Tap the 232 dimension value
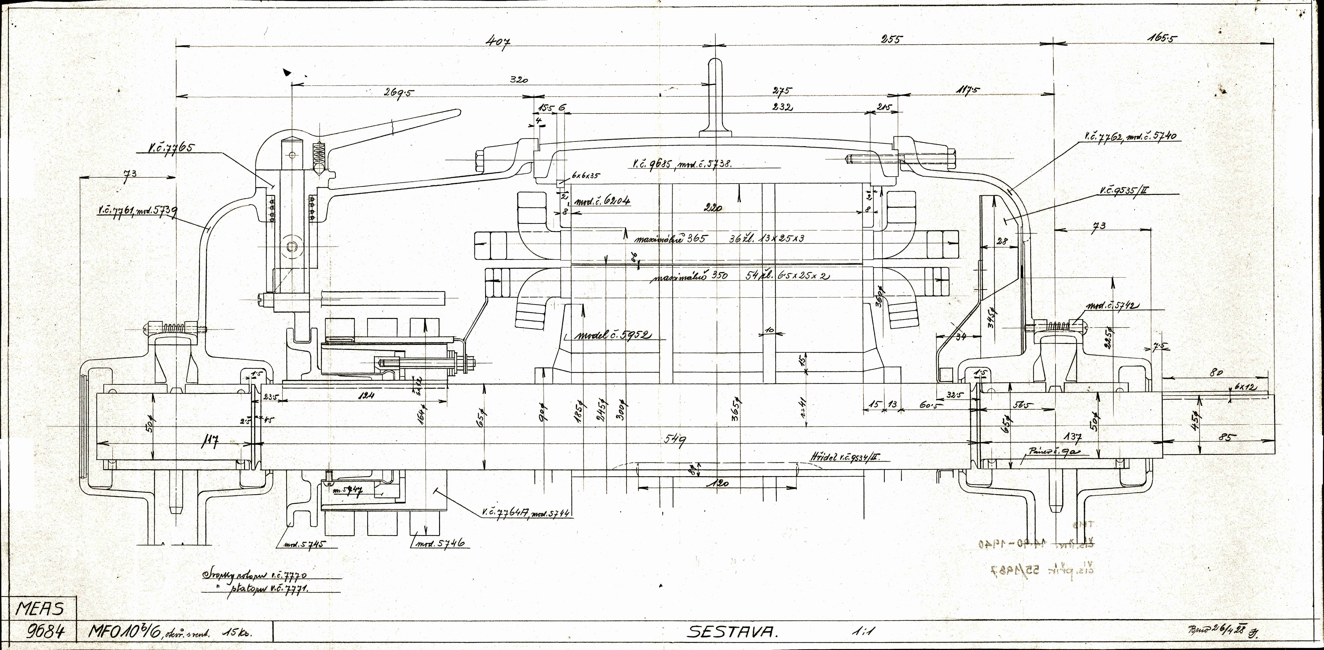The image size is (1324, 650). [781, 107]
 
